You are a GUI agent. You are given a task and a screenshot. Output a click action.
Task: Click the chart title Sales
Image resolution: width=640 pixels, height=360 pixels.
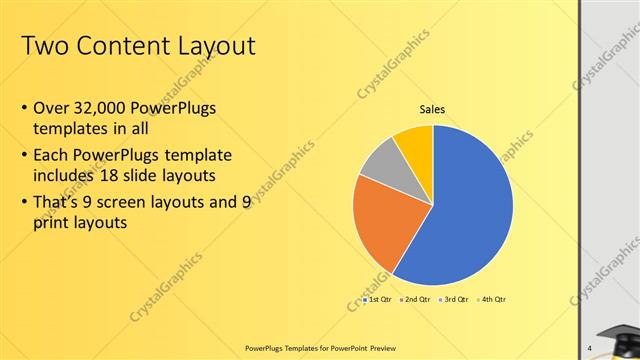click(x=432, y=110)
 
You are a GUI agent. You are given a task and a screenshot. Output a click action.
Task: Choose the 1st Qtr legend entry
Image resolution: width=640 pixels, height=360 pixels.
click(x=378, y=300)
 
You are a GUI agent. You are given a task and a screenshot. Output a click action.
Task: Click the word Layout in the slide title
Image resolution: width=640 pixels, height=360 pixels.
click(x=207, y=46)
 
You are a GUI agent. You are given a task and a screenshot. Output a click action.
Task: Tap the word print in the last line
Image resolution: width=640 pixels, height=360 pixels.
click(x=50, y=224)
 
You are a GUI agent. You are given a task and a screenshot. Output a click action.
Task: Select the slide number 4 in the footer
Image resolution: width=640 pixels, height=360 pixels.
click(x=590, y=347)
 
